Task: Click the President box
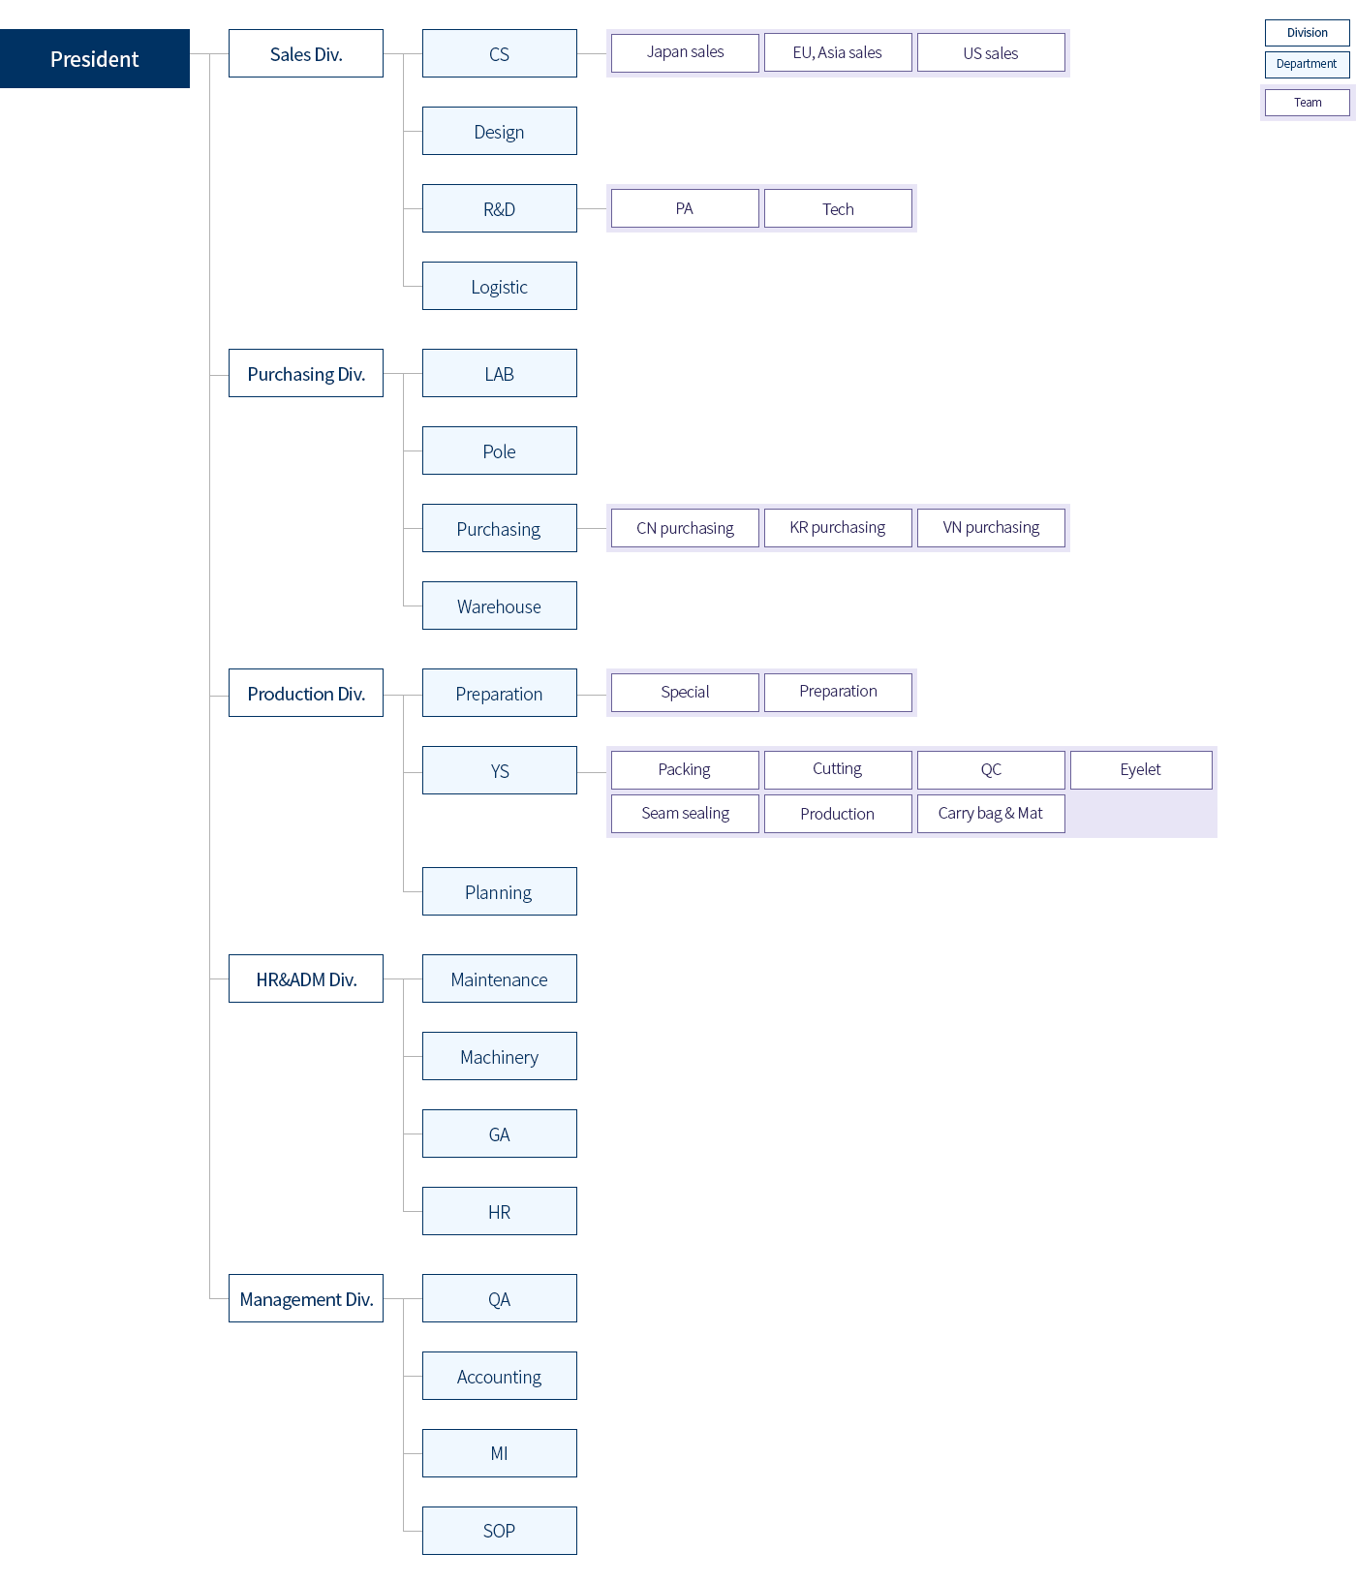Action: coord(95,58)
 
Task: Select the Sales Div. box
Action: coord(306,53)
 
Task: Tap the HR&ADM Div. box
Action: coord(306,978)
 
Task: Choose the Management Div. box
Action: coord(306,1298)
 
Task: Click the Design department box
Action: coord(500,131)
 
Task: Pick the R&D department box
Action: coord(500,208)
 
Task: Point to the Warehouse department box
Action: coord(500,606)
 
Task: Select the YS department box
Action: coord(500,770)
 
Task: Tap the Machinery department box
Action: coord(500,1056)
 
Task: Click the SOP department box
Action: coord(500,1531)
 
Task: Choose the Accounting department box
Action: coord(500,1376)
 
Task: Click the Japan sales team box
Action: coord(685,52)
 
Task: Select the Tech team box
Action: coord(838,208)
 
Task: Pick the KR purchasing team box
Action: coord(838,528)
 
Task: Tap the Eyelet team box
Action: coord(1141,770)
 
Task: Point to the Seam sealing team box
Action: coord(685,814)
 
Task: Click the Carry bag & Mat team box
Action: coord(991,814)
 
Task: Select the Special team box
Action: coord(685,693)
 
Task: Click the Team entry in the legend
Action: coord(1308,103)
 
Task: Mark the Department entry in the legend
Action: coord(1308,64)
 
